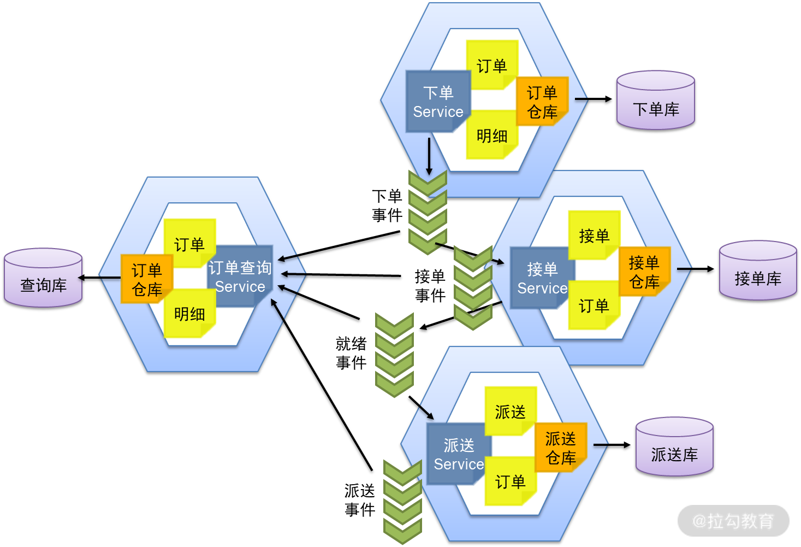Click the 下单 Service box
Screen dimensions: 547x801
(x=438, y=102)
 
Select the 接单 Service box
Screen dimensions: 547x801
(x=542, y=278)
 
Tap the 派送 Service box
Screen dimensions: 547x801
(x=458, y=454)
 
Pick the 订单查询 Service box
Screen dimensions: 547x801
(x=240, y=277)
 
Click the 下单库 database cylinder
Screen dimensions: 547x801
(x=655, y=101)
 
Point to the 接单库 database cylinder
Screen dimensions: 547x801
(x=758, y=270)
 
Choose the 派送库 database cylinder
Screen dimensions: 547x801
(x=674, y=446)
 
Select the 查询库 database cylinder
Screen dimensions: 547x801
(x=43, y=278)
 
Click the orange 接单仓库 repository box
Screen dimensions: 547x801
(x=644, y=272)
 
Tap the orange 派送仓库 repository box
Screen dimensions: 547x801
(x=560, y=448)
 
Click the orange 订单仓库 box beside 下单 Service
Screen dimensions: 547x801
(x=542, y=102)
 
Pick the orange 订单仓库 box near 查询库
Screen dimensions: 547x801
(x=146, y=279)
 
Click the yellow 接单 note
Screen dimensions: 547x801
(x=594, y=236)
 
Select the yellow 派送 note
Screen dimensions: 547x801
(x=510, y=411)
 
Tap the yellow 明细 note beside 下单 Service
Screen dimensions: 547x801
(x=491, y=135)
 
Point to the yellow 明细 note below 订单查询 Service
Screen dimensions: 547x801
(x=189, y=314)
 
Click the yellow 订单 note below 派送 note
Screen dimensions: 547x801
(x=510, y=481)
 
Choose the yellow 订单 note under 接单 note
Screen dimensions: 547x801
(x=594, y=305)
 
